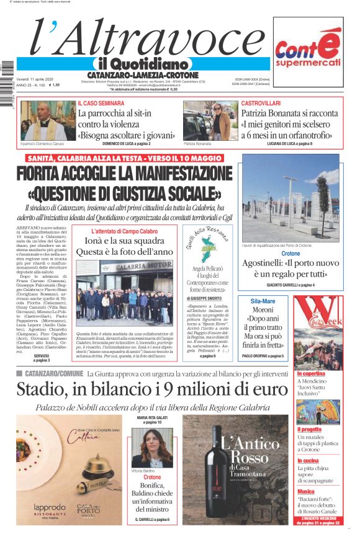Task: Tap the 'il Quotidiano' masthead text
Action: click(x=140, y=64)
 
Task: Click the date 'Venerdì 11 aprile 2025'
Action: click(x=35, y=79)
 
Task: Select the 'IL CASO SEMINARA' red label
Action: click(x=101, y=103)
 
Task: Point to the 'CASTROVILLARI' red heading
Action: click(x=261, y=103)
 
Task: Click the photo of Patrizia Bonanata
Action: click(x=210, y=121)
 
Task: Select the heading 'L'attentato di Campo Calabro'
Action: click(x=125, y=231)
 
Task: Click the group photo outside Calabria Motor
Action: click(x=125, y=291)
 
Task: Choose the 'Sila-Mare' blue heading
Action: click(x=263, y=301)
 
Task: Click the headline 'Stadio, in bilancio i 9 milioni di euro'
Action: click(x=143, y=389)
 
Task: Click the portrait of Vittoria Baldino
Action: click(x=152, y=449)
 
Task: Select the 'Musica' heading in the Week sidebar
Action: click(x=306, y=491)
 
